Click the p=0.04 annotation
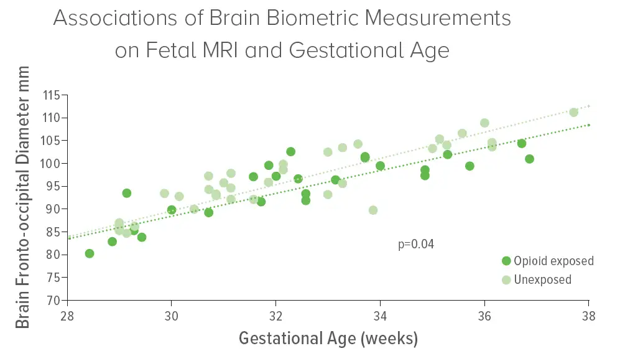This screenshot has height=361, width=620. [x=415, y=244]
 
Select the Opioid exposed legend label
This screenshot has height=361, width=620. [x=553, y=261]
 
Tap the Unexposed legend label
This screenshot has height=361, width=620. [x=542, y=280]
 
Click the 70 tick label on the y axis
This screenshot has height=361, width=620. [x=54, y=300]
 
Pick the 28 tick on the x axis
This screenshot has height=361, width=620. [x=67, y=316]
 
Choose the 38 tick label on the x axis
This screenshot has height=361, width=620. [x=589, y=316]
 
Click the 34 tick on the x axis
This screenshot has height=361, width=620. [x=380, y=316]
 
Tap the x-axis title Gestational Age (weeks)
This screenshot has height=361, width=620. [x=328, y=339]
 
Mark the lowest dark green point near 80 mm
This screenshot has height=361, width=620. [x=90, y=253]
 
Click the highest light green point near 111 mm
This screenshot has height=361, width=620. [x=573, y=112]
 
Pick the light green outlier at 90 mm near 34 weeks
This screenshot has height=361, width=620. [x=373, y=210]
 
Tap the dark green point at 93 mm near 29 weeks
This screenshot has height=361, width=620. [x=127, y=193]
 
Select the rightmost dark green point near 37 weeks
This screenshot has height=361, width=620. [x=529, y=159]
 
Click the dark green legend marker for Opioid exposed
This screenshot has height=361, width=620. [x=506, y=261]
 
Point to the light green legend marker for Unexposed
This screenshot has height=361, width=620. [x=506, y=280]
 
